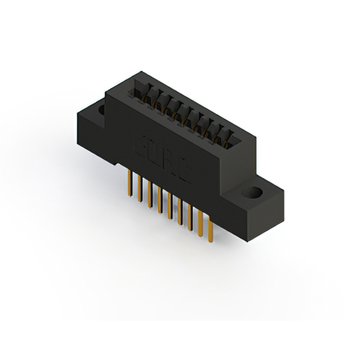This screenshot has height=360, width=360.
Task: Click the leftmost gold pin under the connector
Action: pyautogui.click(x=130, y=186)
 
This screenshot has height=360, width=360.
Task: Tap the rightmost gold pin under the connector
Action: pyautogui.click(x=210, y=231)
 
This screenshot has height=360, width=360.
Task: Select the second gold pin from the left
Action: pyautogui.click(x=140, y=191)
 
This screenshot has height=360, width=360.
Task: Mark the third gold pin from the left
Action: pyautogui.click(x=150, y=197)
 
